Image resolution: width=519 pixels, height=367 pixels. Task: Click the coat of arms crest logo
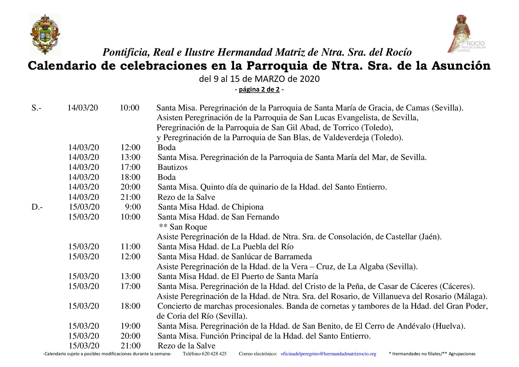click(45, 34)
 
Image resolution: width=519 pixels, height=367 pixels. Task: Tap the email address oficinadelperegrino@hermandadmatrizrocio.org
click(328, 354)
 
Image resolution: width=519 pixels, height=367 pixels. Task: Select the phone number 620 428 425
click(214, 354)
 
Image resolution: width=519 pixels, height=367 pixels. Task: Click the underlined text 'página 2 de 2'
click(259, 89)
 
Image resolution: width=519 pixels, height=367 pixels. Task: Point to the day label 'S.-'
click(37, 108)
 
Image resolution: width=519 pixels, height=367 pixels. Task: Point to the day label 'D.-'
click(37, 207)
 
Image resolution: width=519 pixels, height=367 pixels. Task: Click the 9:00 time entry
click(133, 207)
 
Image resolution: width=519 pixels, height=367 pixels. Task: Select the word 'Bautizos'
click(172, 167)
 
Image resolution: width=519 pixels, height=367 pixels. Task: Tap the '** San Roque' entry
click(183, 227)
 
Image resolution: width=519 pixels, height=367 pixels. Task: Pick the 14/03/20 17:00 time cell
click(130, 167)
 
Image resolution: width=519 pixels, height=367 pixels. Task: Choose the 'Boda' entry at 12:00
click(167, 148)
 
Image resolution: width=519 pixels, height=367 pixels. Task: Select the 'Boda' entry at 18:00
click(167, 177)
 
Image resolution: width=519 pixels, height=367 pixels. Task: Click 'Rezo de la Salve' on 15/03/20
click(186, 346)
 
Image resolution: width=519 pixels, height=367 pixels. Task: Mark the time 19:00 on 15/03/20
click(130, 326)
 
